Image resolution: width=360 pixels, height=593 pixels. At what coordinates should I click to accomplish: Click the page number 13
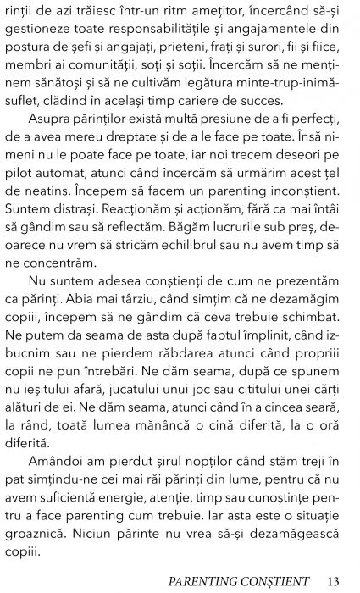(332, 581)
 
